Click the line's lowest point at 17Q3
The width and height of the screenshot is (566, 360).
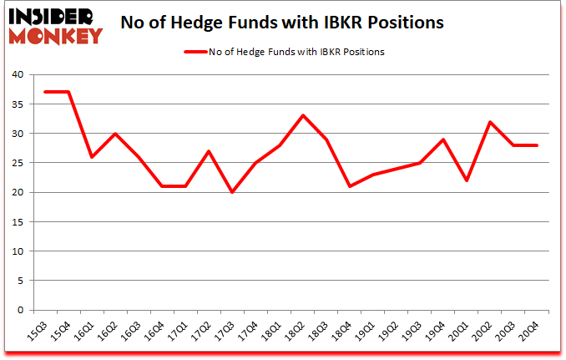[x=232, y=192]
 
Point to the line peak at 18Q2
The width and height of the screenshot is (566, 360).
[x=303, y=115]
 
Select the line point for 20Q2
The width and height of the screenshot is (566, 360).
[x=490, y=122]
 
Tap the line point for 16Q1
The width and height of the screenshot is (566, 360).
[x=92, y=157]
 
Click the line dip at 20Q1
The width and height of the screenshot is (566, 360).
[x=467, y=180]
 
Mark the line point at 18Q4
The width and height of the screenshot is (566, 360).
[x=350, y=186]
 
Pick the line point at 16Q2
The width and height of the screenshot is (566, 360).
[x=115, y=134]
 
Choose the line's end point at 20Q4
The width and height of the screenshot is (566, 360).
[x=537, y=145]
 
